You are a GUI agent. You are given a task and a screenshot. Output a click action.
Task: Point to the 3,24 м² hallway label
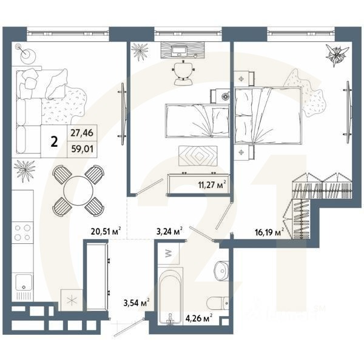(170, 231)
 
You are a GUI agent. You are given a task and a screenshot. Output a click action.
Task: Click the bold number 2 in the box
(55, 141)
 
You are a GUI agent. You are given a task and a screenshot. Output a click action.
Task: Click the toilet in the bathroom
(216, 302)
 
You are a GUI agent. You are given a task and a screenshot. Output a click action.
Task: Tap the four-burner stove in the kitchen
(23, 234)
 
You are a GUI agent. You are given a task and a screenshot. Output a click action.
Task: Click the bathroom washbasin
(222, 269)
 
